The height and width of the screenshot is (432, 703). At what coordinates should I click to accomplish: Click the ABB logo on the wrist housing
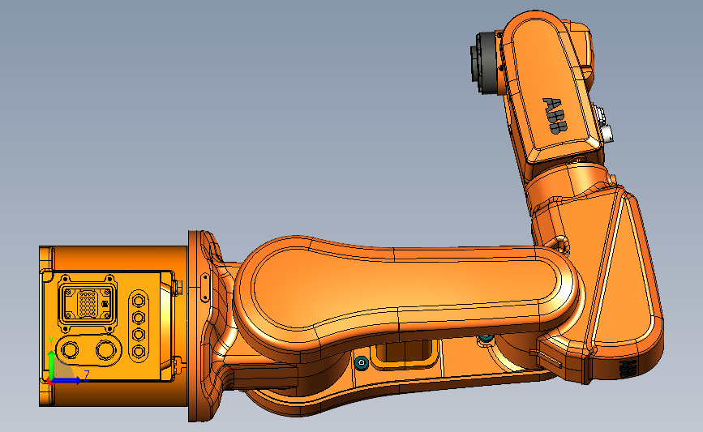point(556,116)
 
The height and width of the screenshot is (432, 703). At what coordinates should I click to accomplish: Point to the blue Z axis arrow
point(68,380)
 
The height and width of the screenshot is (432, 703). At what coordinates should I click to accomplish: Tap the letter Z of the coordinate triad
point(86,375)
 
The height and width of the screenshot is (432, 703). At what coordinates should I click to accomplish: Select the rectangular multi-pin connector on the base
point(88,304)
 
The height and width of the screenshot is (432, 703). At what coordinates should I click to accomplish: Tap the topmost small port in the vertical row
point(138,299)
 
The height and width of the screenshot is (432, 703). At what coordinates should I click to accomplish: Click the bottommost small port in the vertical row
point(138,351)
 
